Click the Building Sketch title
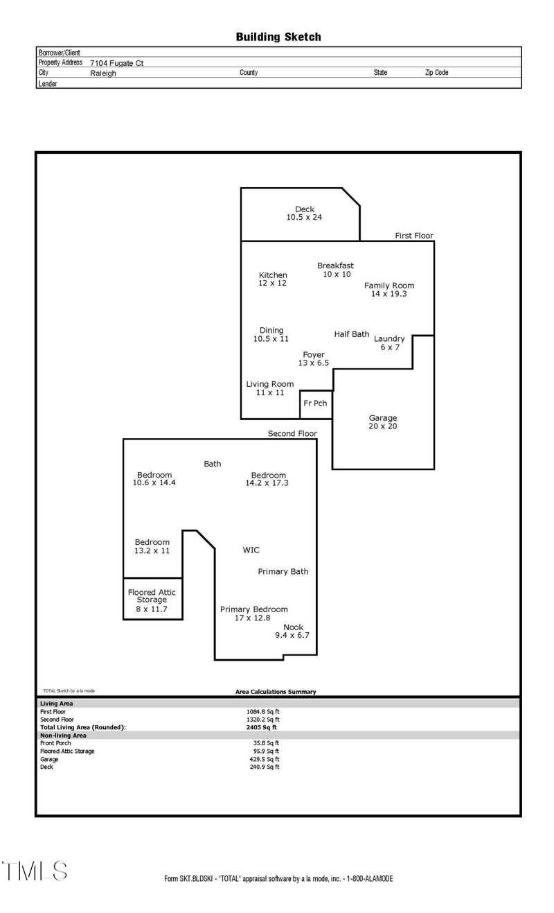(x=278, y=37)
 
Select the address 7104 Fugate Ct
(x=116, y=62)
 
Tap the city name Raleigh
(x=103, y=73)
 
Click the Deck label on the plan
(x=305, y=213)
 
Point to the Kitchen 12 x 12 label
(x=273, y=279)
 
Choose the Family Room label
(x=389, y=290)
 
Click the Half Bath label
(x=352, y=334)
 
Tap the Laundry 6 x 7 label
(x=389, y=343)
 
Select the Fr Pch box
(x=316, y=404)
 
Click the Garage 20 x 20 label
(x=383, y=422)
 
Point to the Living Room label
(x=270, y=388)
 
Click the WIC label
(x=251, y=549)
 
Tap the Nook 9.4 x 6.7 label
(x=293, y=632)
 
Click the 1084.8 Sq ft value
(x=263, y=711)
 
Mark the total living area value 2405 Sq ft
(x=262, y=727)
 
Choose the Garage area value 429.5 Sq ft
(x=263, y=759)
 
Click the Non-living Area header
(x=63, y=735)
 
